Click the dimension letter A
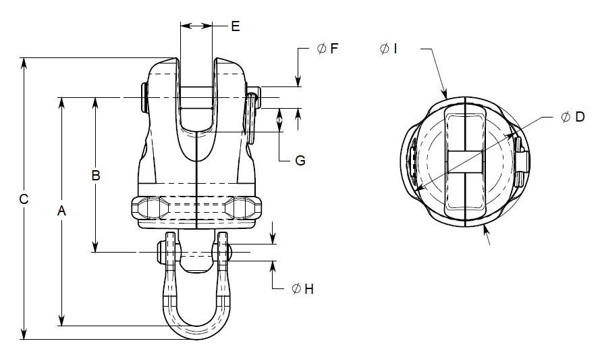click(61, 211)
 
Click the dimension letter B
click(96, 176)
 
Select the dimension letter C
click(24, 199)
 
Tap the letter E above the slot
click(235, 26)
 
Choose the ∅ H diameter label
click(302, 289)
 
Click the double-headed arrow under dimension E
click(196, 26)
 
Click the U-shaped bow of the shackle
click(195, 324)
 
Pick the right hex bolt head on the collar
click(241, 207)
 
